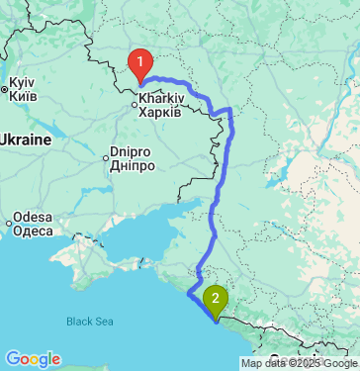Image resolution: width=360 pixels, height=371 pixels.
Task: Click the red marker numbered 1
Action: point(141,65)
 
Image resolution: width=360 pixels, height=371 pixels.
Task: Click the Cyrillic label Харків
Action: point(160,112)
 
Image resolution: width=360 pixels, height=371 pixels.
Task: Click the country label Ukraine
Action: point(24,139)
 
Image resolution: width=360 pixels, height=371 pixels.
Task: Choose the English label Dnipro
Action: point(134,153)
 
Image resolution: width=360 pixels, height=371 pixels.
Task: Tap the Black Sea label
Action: point(90,321)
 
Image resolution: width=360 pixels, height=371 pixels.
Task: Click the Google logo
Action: point(32,358)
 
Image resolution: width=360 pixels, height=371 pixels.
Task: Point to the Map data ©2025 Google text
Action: point(299,364)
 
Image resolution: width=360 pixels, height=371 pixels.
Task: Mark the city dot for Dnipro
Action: point(108,154)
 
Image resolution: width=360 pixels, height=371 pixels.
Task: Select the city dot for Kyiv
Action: point(5,90)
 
